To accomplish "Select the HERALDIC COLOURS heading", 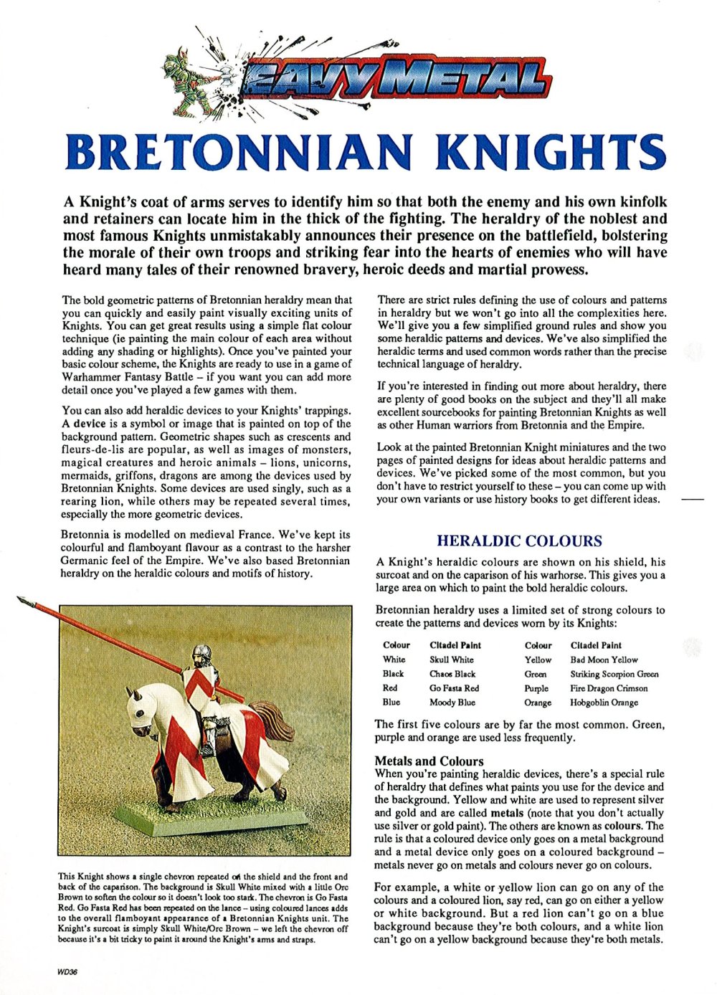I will (x=519, y=541).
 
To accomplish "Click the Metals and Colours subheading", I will (x=429, y=761).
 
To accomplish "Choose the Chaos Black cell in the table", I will (x=452, y=674).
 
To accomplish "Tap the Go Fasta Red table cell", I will (x=454, y=688).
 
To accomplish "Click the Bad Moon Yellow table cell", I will (x=604, y=660).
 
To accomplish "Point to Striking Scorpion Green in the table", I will (x=614, y=674).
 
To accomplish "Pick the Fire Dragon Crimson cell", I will (x=609, y=688).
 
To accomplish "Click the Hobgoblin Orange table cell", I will (x=604, y=703).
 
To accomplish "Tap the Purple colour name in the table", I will (x=536, y=688).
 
